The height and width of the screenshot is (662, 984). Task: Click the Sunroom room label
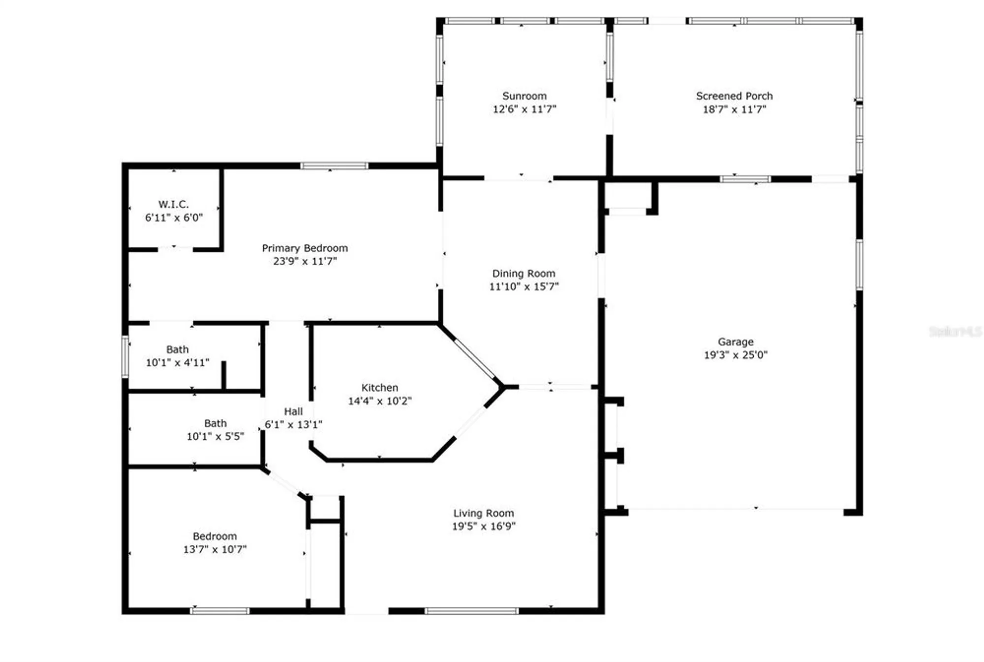click(x=524, y=96)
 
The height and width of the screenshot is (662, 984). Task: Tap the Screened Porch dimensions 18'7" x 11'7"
click(x=734, y=109)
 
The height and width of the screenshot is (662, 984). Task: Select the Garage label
click(x=735, y=341)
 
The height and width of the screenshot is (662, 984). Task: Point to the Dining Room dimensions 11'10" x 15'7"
click(x=523, y=286)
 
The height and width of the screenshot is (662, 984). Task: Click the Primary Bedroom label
click(x=305, y=248)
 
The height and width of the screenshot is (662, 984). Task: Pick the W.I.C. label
click(x=173, y=204)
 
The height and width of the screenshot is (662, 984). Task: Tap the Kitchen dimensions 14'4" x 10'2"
click(x=379, y=401)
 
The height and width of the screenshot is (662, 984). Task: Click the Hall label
click(x=293, y=411)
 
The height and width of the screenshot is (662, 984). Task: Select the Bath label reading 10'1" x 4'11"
click(x=177, y=349)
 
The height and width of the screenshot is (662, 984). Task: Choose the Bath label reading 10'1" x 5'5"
click(x=215, y=423)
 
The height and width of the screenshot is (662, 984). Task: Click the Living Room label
click(x=483, y=513)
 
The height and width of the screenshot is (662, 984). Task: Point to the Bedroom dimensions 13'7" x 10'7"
click(x=215, y=549)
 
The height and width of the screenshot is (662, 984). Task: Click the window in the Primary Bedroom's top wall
click(x=334, y=166)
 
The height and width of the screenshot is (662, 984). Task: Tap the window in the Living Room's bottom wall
click(x=471, y=611)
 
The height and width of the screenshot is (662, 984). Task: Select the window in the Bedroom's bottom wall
click(x=219, y=611)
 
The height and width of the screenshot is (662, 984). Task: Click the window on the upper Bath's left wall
click(x=125, y=357)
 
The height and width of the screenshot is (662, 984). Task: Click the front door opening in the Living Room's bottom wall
click(x=366, y=611)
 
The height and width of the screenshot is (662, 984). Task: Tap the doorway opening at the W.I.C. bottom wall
click(x=175, y=249)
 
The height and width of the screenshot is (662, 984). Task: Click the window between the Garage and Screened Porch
click(x=745, y=179)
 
